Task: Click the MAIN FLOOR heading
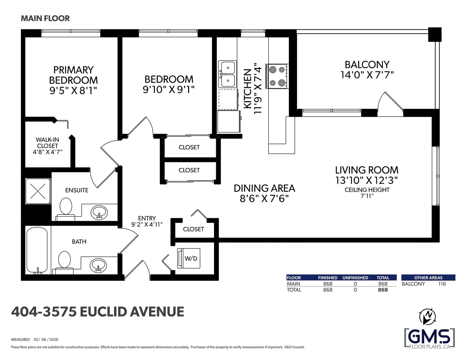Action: [45, 18]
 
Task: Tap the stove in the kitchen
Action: [277, 76]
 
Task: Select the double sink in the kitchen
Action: [227, 74]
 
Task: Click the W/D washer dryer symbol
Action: [189, 258]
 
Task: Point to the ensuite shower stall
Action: [38, 191]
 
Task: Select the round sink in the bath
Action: [98, 265]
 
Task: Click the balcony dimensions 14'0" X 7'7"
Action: [367, 75]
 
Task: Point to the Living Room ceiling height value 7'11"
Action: [367, 196]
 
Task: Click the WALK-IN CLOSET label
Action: [47, 143]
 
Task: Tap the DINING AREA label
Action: [264, 188]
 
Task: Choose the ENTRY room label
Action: [147, 218]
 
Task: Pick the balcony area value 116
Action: [442, 284]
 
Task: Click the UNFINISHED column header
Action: [355, 278]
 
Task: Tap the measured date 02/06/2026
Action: [46, 339]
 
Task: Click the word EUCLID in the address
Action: [103, 312]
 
